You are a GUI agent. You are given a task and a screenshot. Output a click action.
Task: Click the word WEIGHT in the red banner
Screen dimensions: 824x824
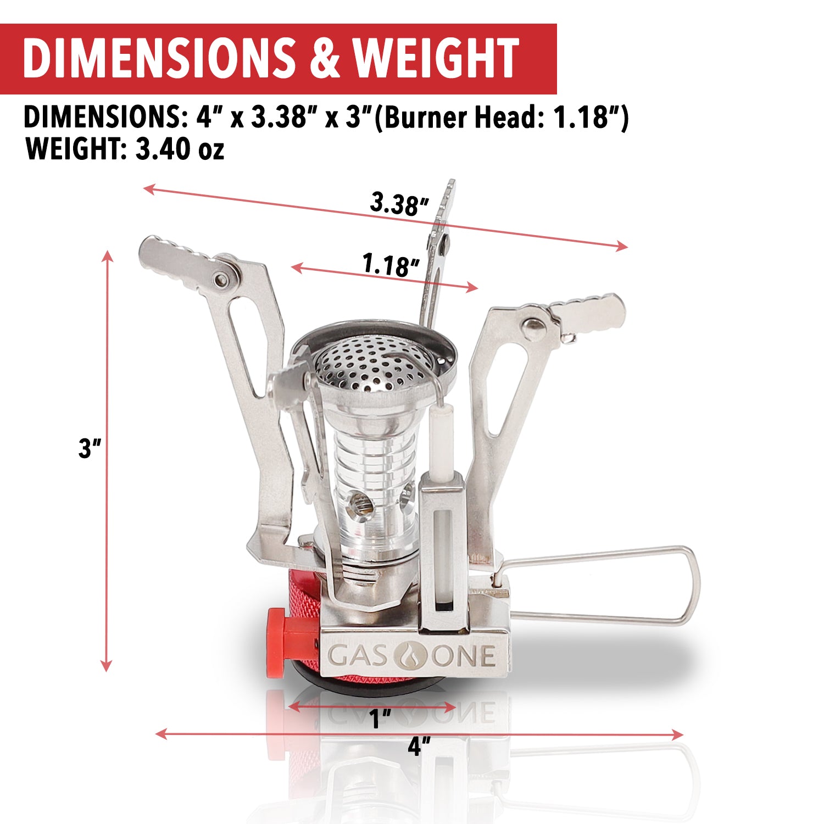436,58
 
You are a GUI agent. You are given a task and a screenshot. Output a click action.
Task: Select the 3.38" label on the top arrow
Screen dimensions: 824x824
399,203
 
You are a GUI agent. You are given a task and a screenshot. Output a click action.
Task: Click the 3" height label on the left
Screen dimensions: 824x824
90,448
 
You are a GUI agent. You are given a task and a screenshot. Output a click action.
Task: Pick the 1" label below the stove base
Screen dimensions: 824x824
380,719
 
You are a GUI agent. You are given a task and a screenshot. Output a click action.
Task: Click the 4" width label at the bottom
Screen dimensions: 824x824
419,747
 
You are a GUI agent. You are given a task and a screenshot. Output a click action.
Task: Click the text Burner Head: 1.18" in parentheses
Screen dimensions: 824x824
501,118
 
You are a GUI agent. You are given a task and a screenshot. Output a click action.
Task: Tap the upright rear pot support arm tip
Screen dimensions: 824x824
448,198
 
